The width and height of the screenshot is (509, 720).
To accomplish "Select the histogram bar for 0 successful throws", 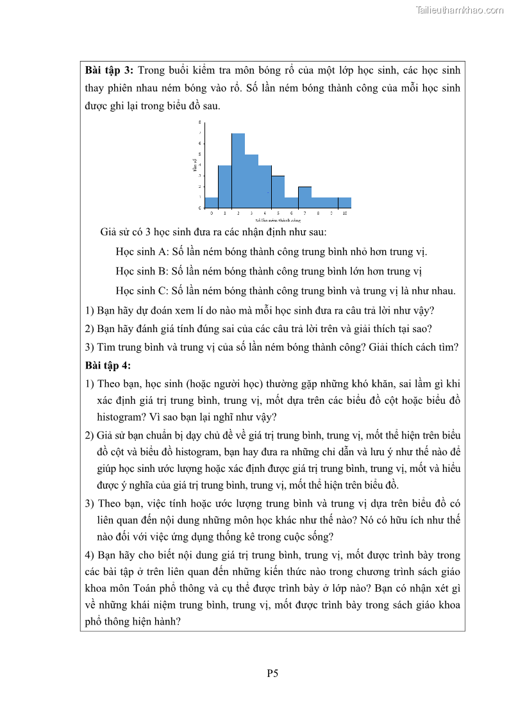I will coord(212,203).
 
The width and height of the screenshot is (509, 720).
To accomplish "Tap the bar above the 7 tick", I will coord(305,197).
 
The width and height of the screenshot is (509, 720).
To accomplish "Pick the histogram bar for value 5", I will coord(278,192).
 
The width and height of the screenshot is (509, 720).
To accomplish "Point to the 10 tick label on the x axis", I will coord(345,212).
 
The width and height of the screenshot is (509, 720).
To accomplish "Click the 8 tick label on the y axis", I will coord(199,122).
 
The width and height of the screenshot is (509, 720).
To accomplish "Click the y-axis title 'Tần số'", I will coord(195,165).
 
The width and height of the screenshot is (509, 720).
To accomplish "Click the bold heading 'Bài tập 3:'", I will coord(109,70).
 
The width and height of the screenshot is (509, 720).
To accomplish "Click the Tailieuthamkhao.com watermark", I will coord(460,10).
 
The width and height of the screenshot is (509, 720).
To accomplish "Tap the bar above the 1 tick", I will coord(224,187).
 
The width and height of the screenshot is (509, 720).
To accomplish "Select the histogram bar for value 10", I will coord(345,203).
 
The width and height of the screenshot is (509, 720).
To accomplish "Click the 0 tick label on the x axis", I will coord(212,212).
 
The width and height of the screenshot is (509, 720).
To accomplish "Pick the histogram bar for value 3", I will coord(251,181).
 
